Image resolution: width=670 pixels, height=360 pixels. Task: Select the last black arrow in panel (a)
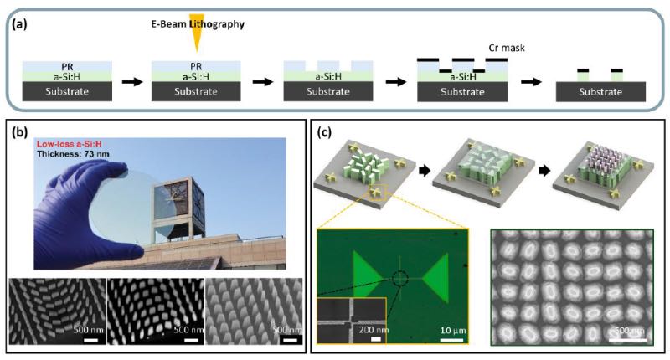[531, 82]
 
